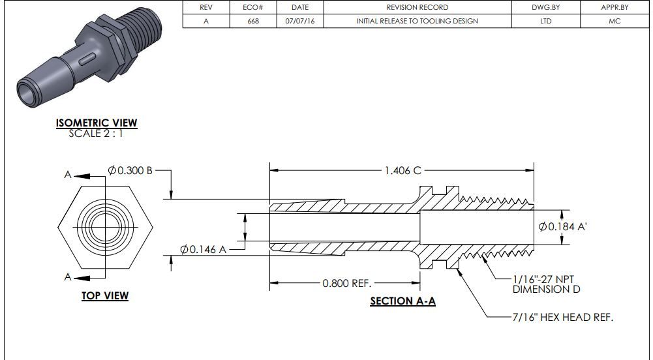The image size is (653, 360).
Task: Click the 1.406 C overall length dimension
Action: pos(402,170)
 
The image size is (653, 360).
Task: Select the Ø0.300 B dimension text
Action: pos(130,170)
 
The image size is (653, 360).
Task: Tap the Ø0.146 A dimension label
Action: pos(204,249)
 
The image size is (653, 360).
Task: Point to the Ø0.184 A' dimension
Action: pos(565,226)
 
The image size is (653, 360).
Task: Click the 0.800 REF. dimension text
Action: pos(347,283)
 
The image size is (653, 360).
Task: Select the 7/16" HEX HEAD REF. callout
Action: pos(562,317)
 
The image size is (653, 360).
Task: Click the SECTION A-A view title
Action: pos(402,301)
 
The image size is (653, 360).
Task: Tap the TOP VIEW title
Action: pos(105,295)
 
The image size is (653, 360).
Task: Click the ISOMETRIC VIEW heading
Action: pos(97,123)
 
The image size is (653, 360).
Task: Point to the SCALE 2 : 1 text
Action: pos(95,134)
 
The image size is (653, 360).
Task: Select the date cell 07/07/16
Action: pos(300,21)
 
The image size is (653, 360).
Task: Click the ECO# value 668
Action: pos(254,21)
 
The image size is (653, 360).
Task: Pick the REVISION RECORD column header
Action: pos(417,7)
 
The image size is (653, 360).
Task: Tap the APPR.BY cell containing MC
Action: pos(614,21)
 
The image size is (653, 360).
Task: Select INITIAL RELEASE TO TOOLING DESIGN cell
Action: pos(417,21)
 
